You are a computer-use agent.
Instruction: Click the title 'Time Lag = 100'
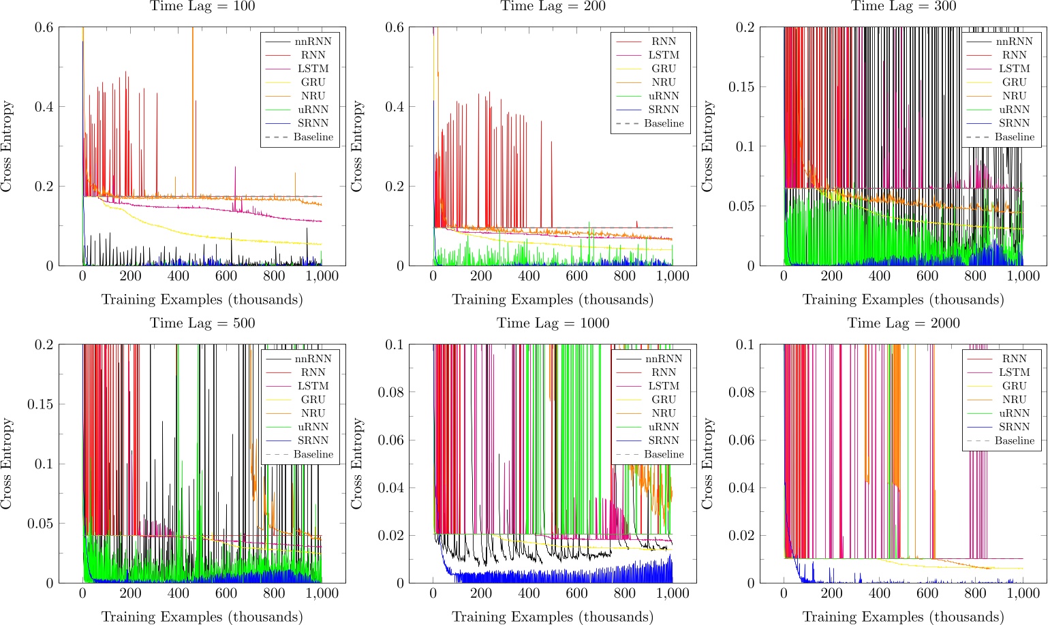(202, 6)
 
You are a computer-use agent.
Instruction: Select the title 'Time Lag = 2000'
(904, 323)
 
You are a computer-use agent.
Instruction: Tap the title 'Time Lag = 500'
(202, 323)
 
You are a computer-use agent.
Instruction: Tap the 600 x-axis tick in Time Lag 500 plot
(226, 593)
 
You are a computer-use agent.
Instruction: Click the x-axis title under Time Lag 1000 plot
(553, 617)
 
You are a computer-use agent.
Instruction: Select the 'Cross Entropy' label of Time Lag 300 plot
(707, 146)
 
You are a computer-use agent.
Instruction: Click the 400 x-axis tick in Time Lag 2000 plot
(880, 593)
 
